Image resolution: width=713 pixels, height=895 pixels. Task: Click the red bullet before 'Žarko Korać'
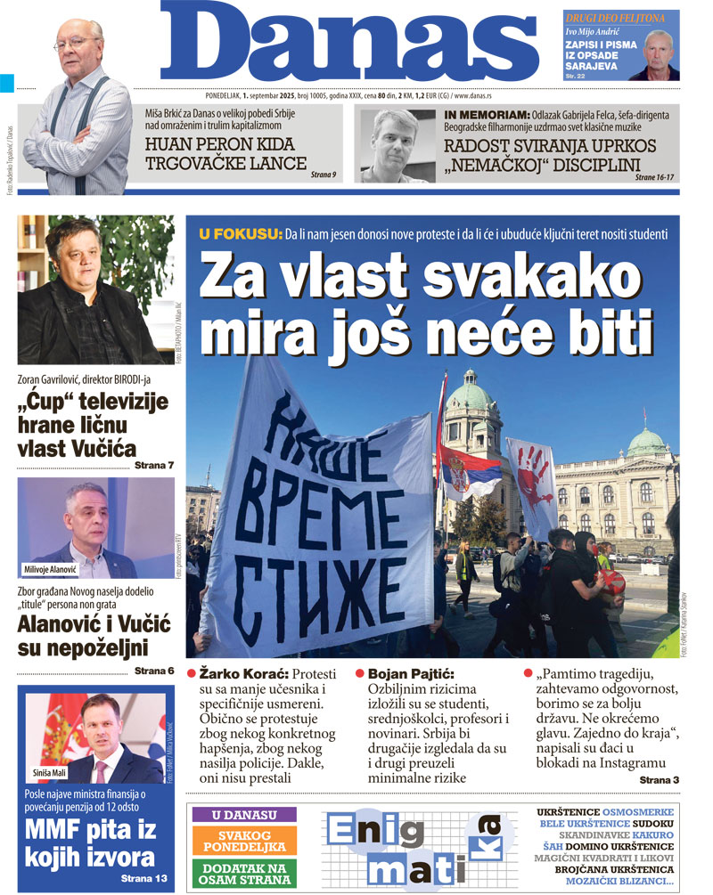[192, 675]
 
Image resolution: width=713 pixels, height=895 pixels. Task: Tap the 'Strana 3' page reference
[659, 780]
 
